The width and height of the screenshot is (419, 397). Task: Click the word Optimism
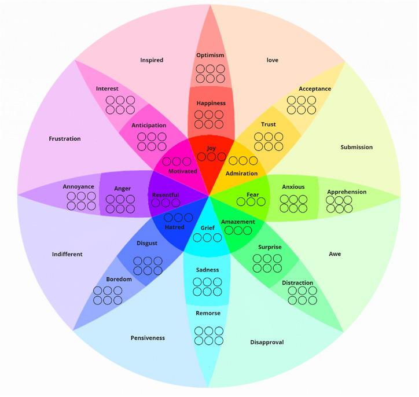[209, 56]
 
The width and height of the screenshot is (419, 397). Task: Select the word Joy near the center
[211, 148]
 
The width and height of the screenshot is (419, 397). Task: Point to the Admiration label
[241, 174]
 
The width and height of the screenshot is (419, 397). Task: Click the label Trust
[269, 124]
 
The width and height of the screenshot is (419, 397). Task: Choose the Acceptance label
[315, 89]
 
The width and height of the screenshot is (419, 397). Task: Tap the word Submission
[356, 147]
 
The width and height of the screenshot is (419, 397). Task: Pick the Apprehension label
[347, 192]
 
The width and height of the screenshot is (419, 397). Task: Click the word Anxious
[293, 187]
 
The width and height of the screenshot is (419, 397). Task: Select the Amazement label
[237, 222]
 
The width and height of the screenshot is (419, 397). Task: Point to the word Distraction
[297, 283]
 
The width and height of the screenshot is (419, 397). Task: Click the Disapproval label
[267, 342]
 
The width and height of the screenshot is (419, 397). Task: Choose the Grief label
[207, 227]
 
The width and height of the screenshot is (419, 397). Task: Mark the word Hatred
[174, 227]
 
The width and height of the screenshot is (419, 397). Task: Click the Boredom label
[119, 280]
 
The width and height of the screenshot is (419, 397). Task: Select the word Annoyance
[79, 187]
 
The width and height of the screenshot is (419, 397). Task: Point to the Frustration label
[65, 139]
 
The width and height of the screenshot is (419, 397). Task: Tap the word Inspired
[152, 60]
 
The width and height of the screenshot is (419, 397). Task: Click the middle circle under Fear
[252, 202]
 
